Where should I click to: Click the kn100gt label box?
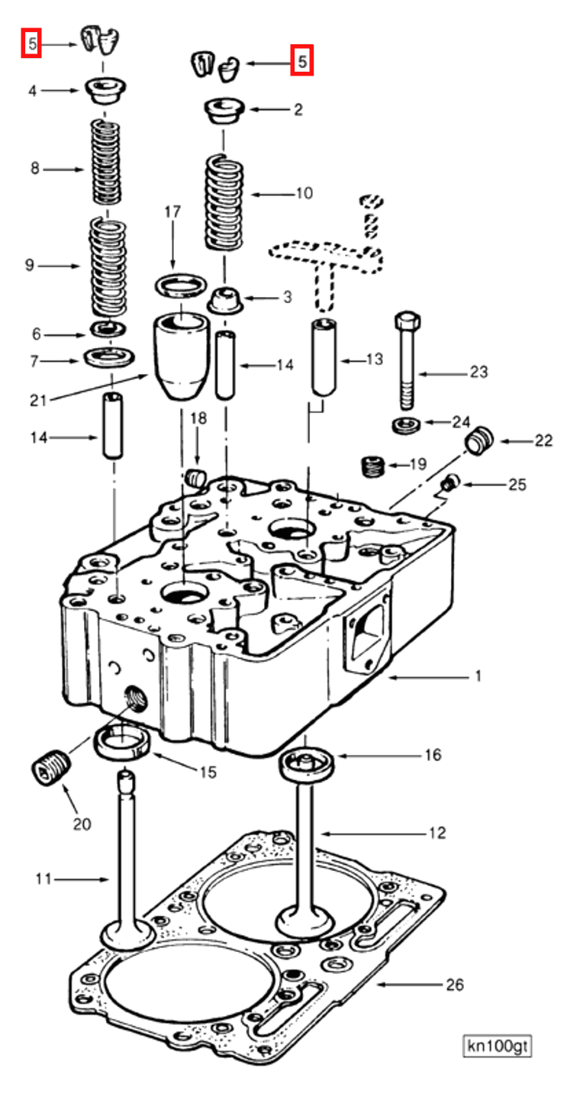point(497,1046)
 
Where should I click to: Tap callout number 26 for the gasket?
point(455,984)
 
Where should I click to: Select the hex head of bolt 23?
point(407,321)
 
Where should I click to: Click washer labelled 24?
point(406,424)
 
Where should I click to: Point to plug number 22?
point(478,440)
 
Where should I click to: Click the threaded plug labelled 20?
point(50,767)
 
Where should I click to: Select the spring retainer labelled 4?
point(105,90)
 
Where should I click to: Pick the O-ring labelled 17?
point(181,285)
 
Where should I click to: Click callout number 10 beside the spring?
point(304,193)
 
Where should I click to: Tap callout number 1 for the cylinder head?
point(478,676)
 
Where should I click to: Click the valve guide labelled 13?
point(324,357)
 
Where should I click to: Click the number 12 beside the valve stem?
point(437,833)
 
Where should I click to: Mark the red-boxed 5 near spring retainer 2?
point(301,61)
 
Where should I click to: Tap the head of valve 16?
point(306,763)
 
